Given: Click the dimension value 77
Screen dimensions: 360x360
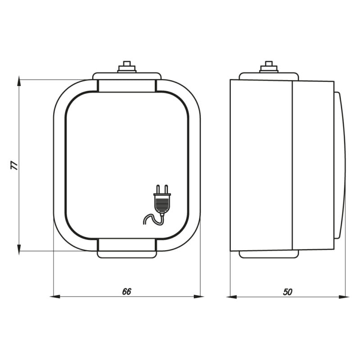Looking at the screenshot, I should [x=15, y=165].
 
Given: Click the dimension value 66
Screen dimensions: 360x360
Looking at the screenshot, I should [x=126, y=292].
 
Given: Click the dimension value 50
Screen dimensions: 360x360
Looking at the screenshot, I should [x=288, y=292].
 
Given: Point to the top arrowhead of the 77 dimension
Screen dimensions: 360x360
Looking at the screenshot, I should [x=19, y=81].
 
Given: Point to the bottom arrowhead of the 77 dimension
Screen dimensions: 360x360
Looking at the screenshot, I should [x=19, y=249].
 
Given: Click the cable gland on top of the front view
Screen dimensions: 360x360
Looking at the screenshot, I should [x=127, y=67].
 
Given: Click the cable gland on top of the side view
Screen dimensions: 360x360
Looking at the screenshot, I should [x=269, y=67].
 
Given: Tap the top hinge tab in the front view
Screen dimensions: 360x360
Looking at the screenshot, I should [x=127, y=85].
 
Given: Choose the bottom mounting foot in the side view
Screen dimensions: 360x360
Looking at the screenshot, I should [x=269, y=254].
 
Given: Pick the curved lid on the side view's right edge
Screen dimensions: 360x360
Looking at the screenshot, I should [x=340, y=165].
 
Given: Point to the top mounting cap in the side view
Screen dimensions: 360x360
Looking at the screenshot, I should [x=269, y=76].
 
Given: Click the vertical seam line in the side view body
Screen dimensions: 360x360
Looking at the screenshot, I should [x=292, y=165].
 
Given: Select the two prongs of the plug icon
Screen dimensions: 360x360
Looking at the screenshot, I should [x=162, y=189].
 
